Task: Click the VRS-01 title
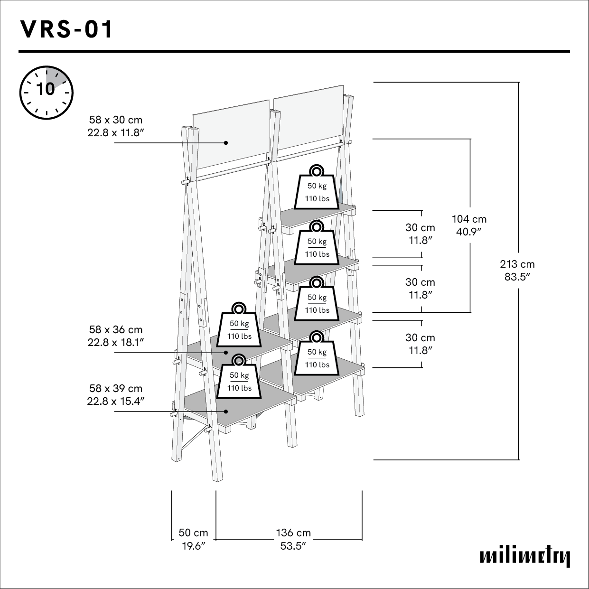67,29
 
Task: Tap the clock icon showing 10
46,92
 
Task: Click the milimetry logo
524,556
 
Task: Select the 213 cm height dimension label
517,264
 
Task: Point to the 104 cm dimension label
469,219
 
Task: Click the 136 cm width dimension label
293,533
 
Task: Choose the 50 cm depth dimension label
193,533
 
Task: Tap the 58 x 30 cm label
115,120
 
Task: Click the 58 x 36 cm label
115,330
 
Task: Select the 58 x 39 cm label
115,389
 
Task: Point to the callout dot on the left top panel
226,142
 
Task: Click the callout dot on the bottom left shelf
226,411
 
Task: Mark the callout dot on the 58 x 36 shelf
226,352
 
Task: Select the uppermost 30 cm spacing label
420,228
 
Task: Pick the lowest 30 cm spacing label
420,338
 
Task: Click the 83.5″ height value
517,277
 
